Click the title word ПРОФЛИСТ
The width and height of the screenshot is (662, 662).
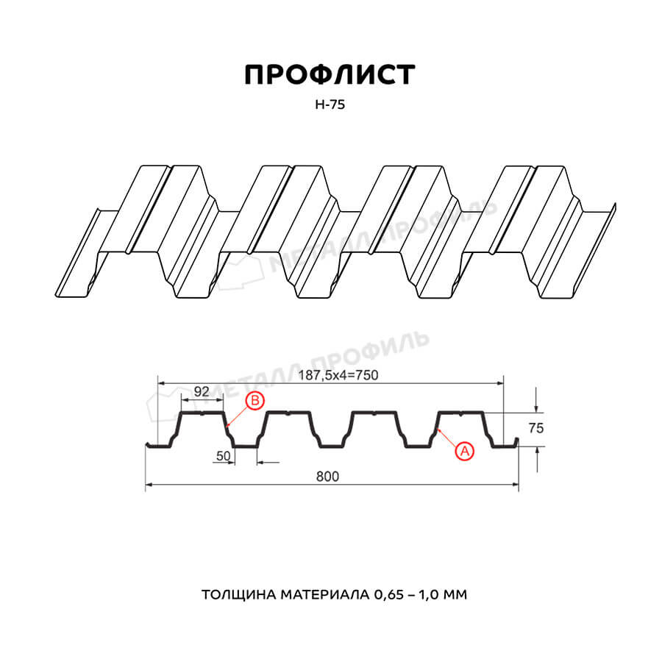[x=330, y=75]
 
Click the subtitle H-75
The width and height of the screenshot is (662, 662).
[x=330, y=104]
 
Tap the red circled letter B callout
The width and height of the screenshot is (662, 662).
[x=255, y=400]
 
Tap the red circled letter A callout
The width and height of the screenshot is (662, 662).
[x=464, y=452]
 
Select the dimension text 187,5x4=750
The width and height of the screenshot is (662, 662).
[x=338, y=375]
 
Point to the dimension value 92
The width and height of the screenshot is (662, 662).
[x=202, y=391]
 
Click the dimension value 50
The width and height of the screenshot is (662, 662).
[x=224, y=456]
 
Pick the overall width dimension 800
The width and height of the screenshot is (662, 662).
[x=327, y=477]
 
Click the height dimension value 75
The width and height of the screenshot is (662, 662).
[x=535, y=428]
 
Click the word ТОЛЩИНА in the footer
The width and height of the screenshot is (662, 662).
[x=238, y=595]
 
